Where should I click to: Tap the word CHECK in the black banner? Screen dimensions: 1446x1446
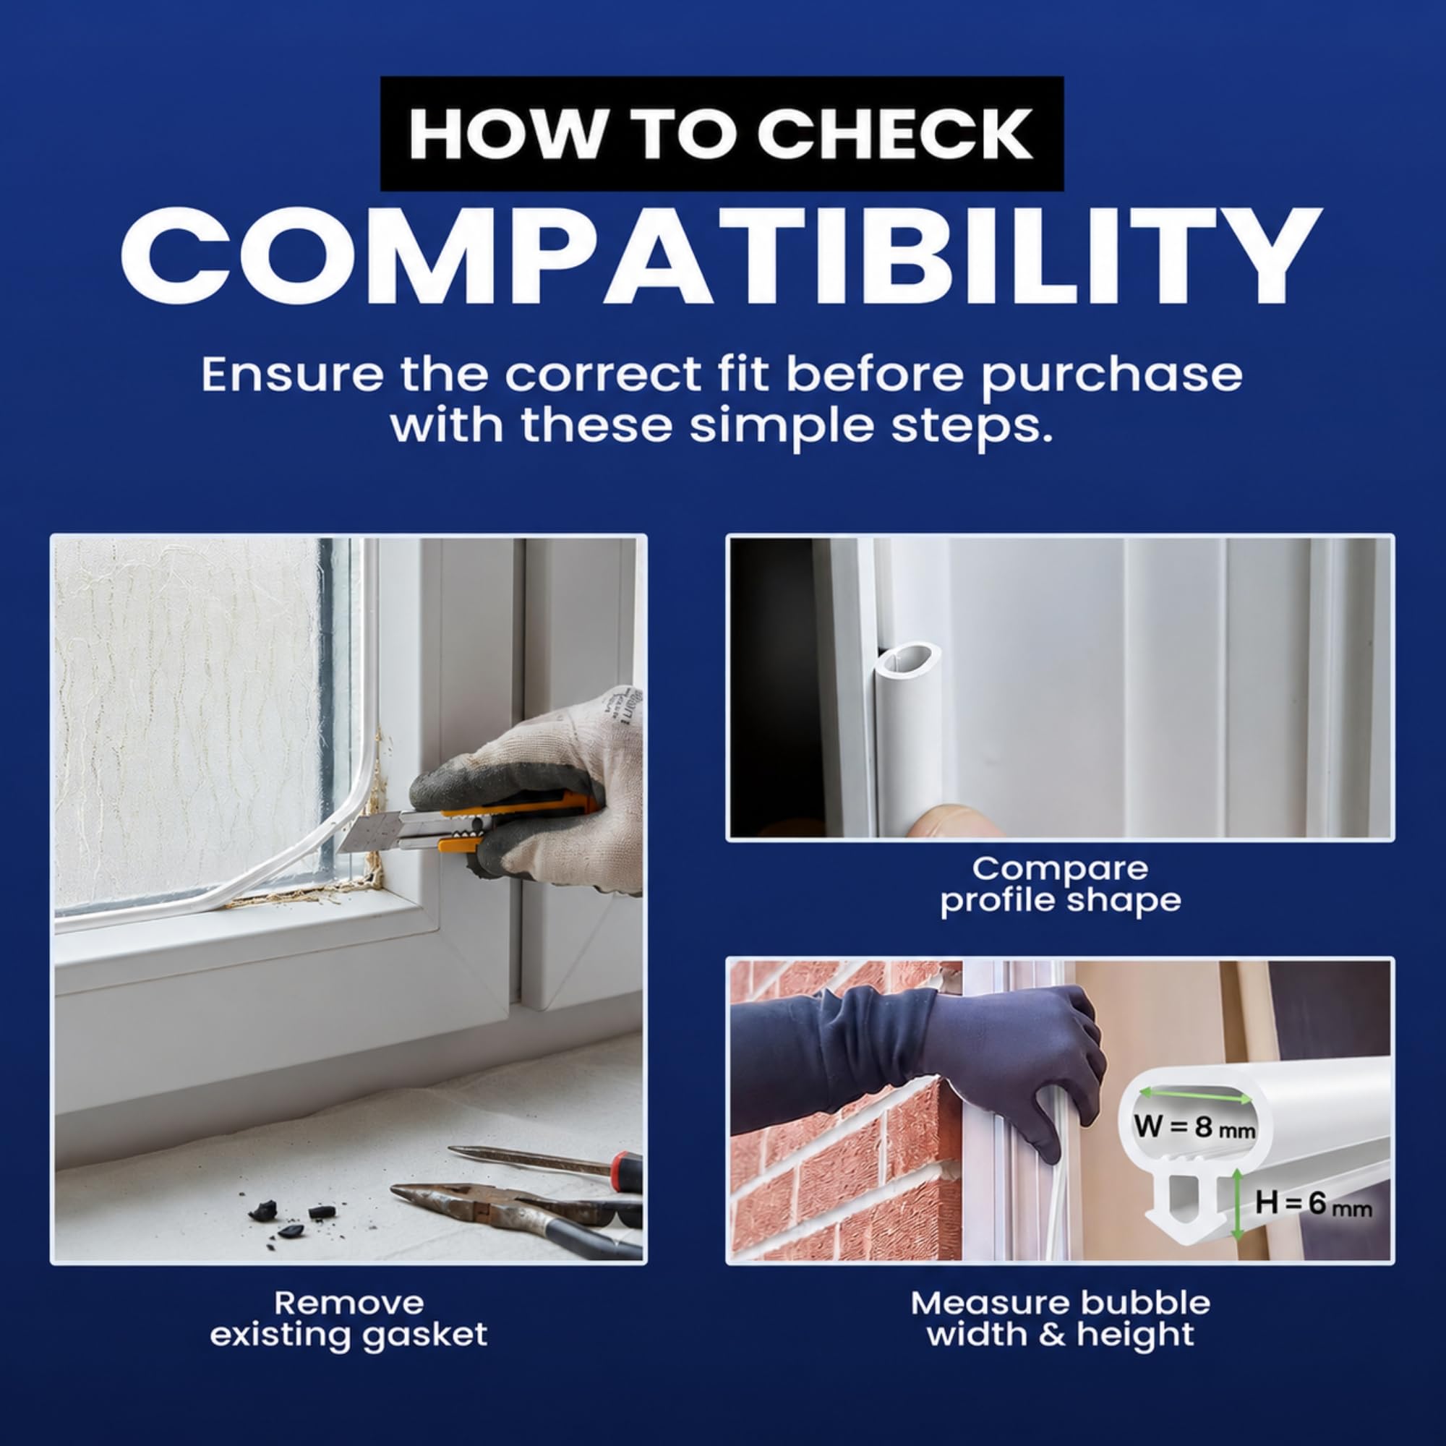894,134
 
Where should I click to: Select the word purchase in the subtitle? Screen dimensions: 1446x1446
1111,375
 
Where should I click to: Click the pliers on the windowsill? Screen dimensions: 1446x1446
516,1212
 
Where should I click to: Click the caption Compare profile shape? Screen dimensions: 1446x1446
1060,884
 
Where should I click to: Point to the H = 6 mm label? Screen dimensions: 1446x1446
1313,1204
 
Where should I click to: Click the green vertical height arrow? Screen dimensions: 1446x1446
1237,1202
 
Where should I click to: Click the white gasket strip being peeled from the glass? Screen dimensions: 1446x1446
225,860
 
